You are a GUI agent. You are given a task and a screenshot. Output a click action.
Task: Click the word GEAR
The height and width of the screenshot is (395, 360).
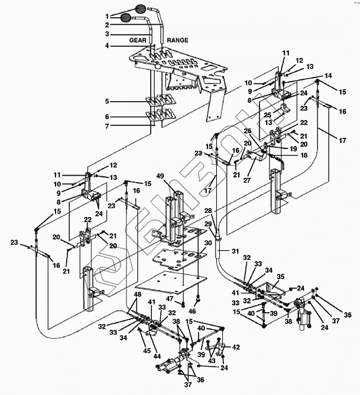[x=138, y=40]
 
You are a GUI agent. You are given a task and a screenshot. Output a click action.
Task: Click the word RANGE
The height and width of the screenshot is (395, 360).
[x=178, y=40]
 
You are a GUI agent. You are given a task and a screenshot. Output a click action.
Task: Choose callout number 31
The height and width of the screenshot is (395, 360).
[x=235, y=252]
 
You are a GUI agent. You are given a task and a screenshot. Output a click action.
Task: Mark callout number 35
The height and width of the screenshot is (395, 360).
[x=280, y=276]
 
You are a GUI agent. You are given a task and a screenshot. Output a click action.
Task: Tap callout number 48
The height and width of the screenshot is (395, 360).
[x=137, y=294]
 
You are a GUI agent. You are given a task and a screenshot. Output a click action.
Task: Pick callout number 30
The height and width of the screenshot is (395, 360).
[x=207, y=243]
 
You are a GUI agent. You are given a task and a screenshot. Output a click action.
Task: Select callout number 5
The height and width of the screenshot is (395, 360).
[x=108, y=102]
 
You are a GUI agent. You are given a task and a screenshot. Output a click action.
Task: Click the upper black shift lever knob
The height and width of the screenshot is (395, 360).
[x=141, y=8]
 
